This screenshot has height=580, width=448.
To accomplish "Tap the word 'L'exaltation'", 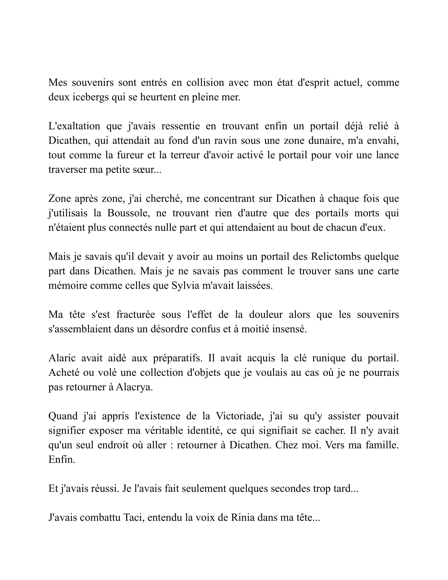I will coord(74,126).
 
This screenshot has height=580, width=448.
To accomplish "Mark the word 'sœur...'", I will coord(148,170).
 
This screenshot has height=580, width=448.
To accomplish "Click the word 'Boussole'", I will coord(129,213).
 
